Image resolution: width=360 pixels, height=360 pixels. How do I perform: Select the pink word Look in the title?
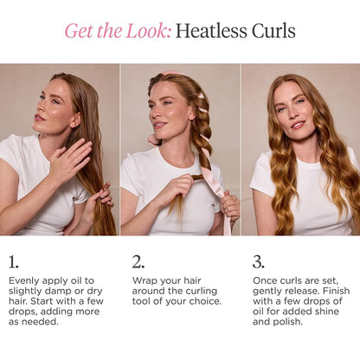[x=149, y=31]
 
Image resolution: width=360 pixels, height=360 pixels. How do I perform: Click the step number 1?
[x=13, y=262]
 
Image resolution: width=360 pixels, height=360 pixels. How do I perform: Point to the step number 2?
[x=138, y=262]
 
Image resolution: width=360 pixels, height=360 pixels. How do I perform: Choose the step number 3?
[x=259, y=262]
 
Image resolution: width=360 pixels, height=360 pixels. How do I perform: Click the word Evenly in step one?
[x=22, y=280]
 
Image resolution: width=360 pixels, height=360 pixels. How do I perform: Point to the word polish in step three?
[x=288, y=322]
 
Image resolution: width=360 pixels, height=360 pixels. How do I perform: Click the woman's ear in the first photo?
[x=76, y=119]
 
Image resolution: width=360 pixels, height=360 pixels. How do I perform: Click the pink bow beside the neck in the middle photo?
[x=154, y=140]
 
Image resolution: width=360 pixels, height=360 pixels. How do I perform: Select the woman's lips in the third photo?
[x=298, y=125]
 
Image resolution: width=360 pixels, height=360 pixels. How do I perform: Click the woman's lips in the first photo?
[x=39, y=118]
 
